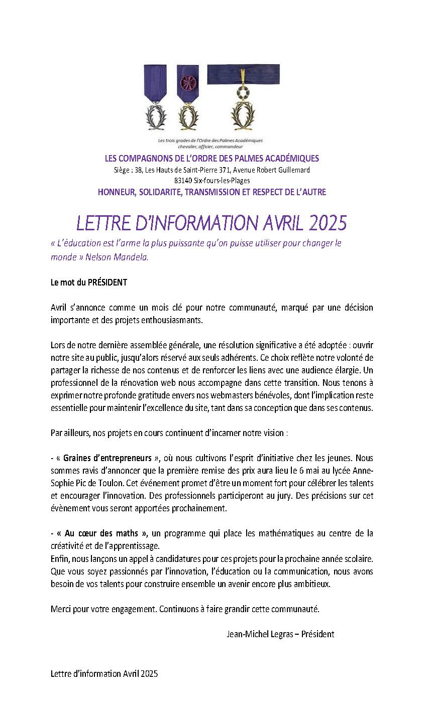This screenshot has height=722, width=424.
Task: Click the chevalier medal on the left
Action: point(156,116)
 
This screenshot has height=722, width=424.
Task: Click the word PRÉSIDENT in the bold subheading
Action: point(108,282)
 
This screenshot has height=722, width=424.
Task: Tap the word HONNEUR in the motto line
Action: point(115,192)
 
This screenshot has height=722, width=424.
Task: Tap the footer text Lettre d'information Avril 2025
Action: point(104,673)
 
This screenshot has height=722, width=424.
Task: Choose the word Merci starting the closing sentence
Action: point(60,609)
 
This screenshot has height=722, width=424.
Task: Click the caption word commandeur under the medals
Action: point(229,147)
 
